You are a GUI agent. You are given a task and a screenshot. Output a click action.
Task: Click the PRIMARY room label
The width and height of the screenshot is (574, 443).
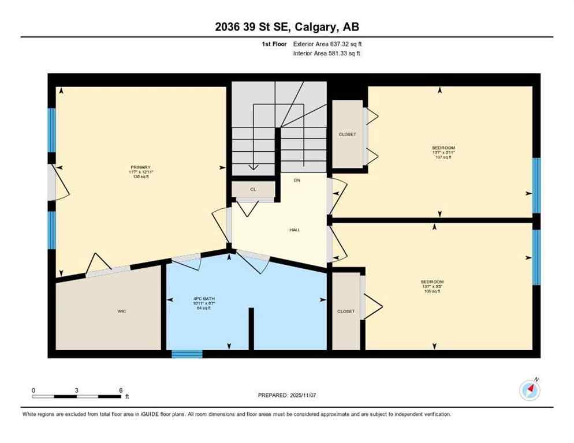pyautogui.click(x=140, y=167)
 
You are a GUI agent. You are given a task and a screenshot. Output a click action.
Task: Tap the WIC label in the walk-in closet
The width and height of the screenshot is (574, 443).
pyautogui.click(x=122, y=311)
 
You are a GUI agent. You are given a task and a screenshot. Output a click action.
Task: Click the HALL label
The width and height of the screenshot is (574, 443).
pyautogui.click(x=295, y=230)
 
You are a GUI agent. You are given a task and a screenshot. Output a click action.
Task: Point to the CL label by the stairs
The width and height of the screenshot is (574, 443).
pyautogui.click(x=253, y=189)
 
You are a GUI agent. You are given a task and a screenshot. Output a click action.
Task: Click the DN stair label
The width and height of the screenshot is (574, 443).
pyautogui.click(x=297, y=181)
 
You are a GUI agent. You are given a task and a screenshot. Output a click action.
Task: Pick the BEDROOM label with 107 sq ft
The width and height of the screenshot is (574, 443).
pyautogui.click(x=443, y=148)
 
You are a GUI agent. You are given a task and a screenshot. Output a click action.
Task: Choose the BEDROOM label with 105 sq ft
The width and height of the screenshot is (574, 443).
pyautogui.click(x=432, y=281)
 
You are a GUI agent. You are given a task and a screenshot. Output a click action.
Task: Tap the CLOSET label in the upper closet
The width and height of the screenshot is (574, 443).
pyautogui.click(x=347, y=134)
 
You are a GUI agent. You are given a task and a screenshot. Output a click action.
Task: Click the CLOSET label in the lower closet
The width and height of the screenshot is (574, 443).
pyautogui.click(x=346, y=311)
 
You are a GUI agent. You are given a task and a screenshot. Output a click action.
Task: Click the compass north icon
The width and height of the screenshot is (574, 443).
pyautogui.click(x=530, y=390)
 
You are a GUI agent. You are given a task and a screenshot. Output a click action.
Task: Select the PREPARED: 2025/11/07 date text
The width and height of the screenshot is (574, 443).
pyautogui.click(x=287, y=395)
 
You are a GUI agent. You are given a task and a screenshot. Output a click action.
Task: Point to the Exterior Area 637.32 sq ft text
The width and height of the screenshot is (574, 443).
pyautogui.click(x=327, y=43)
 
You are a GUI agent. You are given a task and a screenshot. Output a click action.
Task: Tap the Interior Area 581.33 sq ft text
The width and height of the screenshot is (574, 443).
pyautogui.click(x=327, y=54)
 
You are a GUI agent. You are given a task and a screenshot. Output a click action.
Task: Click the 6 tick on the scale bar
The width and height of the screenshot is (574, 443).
pyautogui.click(x=120, y=391)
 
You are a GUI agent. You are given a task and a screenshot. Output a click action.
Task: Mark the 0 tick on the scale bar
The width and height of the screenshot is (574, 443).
pyautogui.click(x=33, y=391)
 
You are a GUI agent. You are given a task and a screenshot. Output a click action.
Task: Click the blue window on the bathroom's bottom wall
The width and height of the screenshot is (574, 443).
pyautogui.click(x=187, y=354)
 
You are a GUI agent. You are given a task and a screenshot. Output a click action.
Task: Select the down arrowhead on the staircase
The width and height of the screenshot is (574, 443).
pyautogui.click(x=253, y=168)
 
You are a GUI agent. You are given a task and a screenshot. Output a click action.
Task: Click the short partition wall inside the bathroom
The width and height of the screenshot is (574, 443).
pyautogui.click(x=251, y=328)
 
